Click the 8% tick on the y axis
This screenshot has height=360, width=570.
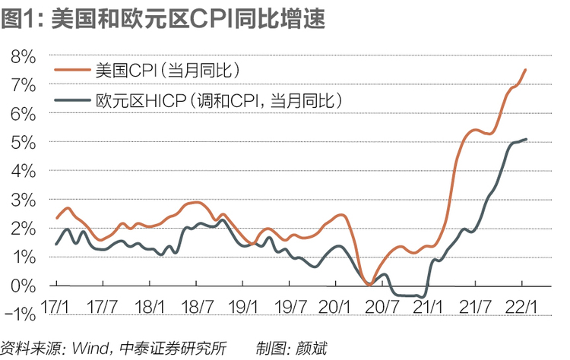(24, 57)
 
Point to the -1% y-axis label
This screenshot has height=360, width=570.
(21, 314)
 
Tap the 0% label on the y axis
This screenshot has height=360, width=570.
(24, 286)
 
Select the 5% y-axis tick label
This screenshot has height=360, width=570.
(24, 143)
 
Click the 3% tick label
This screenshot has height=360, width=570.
(24, 201)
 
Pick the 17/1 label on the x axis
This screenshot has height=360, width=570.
(55, 308)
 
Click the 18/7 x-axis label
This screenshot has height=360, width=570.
(197, 308)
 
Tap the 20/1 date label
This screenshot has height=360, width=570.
(334, 308)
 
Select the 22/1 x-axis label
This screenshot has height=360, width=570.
(521, 308)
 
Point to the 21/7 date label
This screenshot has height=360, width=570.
(475, 308)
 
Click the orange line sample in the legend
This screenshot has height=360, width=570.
(72, 70)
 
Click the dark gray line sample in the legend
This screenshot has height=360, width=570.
(72, 100)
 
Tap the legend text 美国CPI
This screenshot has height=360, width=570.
(125, 70)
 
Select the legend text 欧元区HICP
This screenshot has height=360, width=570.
(141, 100)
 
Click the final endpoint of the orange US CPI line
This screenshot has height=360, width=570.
(525, 69)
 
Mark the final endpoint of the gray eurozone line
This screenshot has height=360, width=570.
(526, 139)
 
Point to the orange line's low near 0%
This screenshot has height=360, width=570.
(369, 285)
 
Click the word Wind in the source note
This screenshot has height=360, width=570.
(90, 349)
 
